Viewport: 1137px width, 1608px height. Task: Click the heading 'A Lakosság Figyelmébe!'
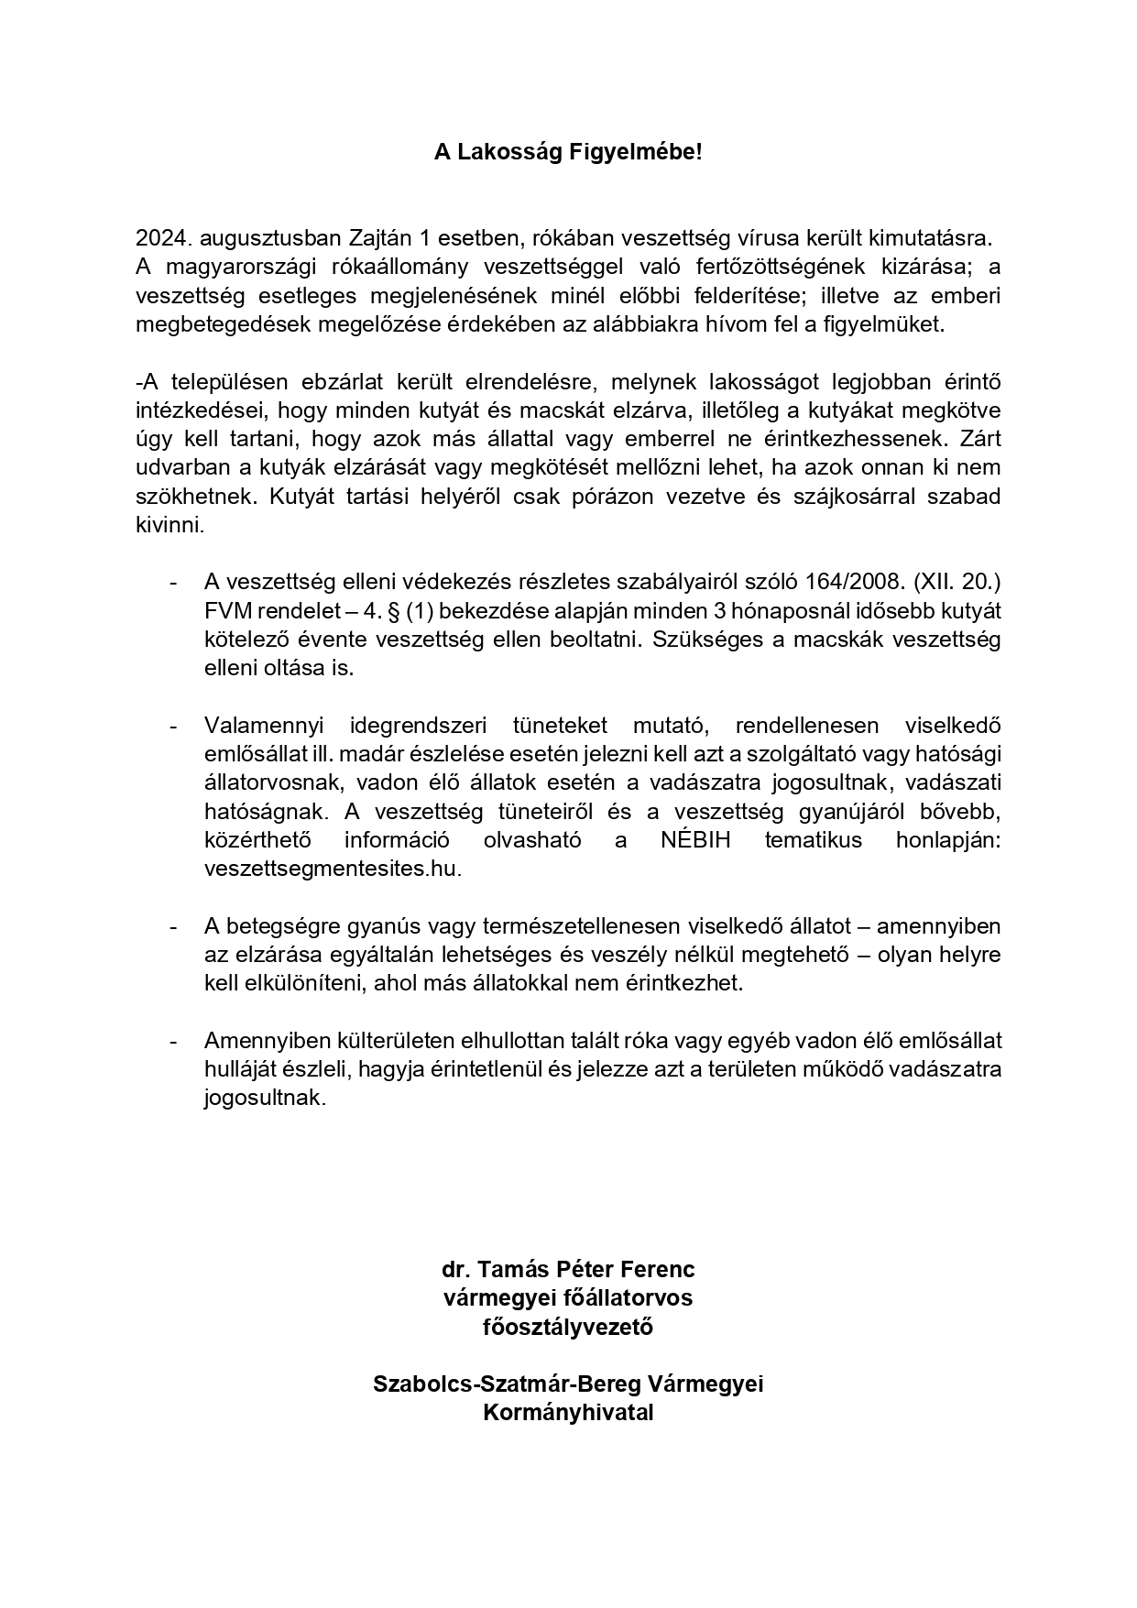pos(568,153)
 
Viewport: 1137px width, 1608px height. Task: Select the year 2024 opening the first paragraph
pos(164,238)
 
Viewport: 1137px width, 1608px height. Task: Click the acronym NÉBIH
pos(695,840)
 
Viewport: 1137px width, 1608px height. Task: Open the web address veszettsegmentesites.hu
pos(332,869)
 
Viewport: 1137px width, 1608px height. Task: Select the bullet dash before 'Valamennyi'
pos(173,727)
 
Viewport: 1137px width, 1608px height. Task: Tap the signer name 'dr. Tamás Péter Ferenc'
pos(568,1269)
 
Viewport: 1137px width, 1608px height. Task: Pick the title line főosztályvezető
pos(568,1326)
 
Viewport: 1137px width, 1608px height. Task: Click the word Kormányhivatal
pos(568,1412)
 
